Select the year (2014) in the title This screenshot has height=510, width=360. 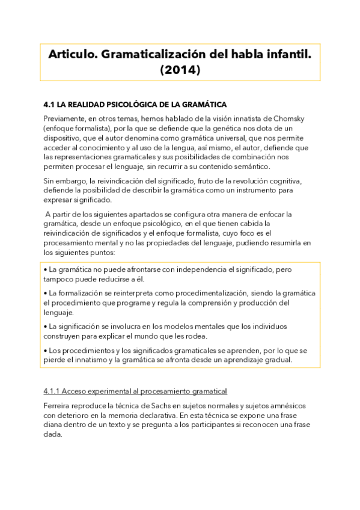coord(180,70)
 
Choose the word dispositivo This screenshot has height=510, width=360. coord(64,138)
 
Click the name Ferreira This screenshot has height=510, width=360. coord(59,406)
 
